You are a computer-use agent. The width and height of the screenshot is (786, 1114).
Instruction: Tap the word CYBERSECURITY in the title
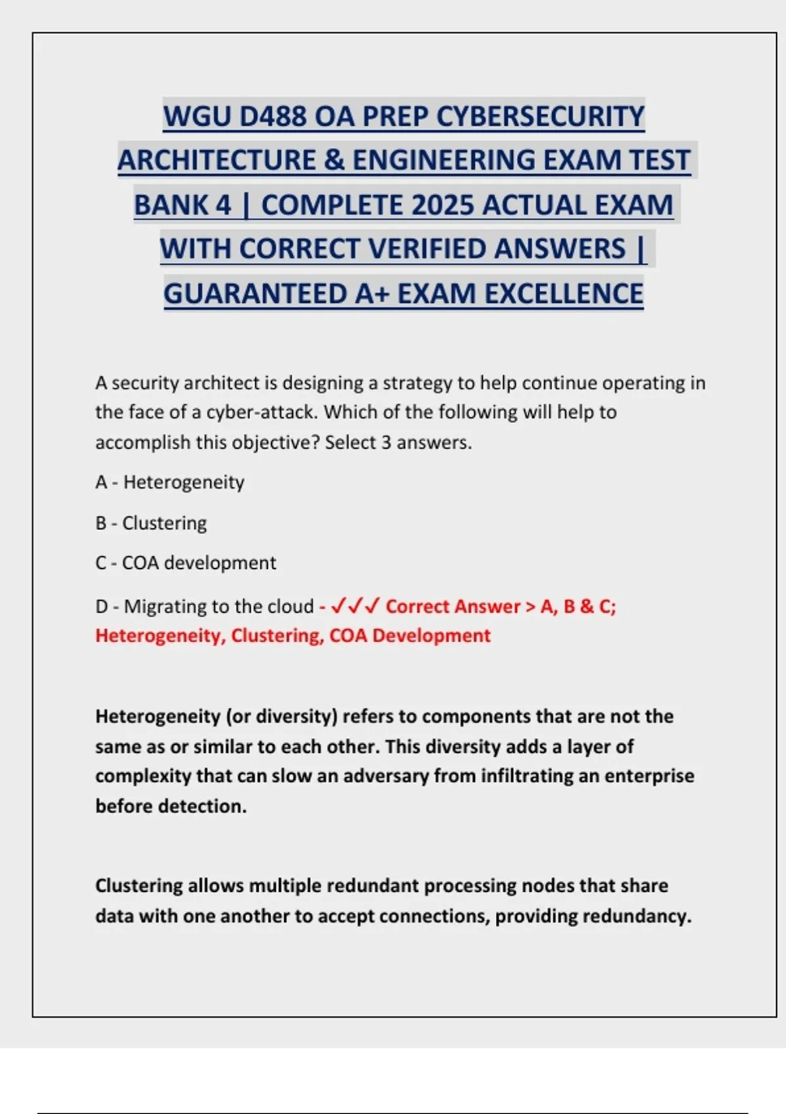click(x=540, y=117)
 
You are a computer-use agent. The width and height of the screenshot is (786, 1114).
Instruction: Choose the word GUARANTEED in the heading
click(x=255, y=294)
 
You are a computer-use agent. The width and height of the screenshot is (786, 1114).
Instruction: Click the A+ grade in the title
click(x=372, y=294)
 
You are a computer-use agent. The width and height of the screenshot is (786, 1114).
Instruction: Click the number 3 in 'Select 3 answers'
click(x=386, y=442)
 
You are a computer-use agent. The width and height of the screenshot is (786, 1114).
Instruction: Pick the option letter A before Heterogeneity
click(x=101, y=482)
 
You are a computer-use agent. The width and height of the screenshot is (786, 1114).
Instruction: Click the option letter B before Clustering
click(x=101, y=523)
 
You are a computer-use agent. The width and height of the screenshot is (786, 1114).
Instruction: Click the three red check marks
click(x=354, y=606)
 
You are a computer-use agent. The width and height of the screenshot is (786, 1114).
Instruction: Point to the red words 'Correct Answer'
click(x=453, y=606)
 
